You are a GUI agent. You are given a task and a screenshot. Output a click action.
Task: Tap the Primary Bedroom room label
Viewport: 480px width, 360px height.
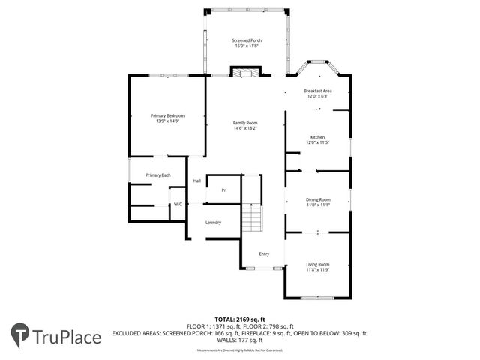pos(167,115)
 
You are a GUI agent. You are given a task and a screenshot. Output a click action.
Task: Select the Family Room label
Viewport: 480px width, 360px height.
pos(244,122)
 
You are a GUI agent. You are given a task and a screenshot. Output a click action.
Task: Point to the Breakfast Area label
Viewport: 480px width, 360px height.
pos(318,91)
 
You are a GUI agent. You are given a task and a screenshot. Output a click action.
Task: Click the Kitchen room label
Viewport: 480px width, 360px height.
pos(318,137)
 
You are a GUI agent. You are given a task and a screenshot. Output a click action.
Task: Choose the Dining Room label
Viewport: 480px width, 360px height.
pos(318,199)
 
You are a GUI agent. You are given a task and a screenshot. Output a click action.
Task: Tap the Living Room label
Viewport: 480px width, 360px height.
pos(318,264)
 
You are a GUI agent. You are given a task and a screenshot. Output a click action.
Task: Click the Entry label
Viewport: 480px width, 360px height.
pos(264,253)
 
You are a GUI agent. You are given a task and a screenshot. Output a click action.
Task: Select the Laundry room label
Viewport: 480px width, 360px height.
pos(213,223)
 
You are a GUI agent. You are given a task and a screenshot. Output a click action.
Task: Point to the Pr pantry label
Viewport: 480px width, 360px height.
pos(223,190)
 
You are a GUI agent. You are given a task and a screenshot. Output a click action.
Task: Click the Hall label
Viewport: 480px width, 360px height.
pos(197,181)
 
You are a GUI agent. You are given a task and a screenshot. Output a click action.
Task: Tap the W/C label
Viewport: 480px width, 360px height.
pos(178,204)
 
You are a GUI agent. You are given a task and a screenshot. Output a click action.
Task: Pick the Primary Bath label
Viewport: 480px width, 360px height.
pos(157,175)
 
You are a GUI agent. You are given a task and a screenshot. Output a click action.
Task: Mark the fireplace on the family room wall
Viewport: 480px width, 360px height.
pos(244,73)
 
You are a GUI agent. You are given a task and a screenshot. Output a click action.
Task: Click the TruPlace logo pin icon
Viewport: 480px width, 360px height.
pos(20,335)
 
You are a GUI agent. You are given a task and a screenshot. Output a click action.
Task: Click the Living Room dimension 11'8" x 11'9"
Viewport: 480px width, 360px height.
pos(318,269)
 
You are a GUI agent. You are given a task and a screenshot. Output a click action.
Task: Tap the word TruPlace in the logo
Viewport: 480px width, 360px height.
pos(67,337)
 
